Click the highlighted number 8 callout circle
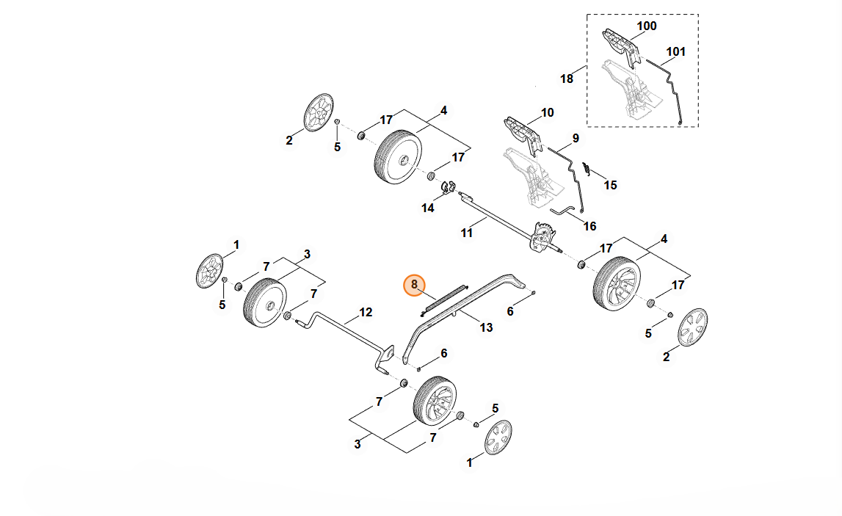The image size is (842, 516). coord(414,284)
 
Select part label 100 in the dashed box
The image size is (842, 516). coord(646,26)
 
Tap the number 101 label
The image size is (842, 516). coord(675,52)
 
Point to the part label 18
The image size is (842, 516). coord(567,79)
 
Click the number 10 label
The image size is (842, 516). coord(547,113)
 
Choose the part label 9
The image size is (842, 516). coord(576,138)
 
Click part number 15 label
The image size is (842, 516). coord(610,185)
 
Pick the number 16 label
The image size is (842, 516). coord(589,226)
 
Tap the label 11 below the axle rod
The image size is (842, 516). coord(467,233)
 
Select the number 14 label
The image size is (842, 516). coord(428,208)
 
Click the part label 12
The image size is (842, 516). coord(366,312)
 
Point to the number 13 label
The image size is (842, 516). coord(486,327)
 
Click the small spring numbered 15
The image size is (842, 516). coord(586,169)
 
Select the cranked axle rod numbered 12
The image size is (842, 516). coord(345,330)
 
